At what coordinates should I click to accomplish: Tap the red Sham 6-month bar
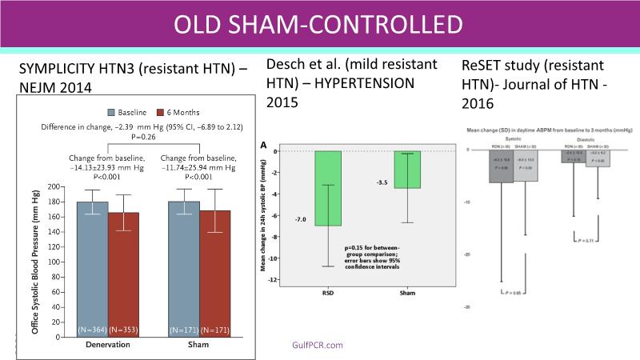[214, 272]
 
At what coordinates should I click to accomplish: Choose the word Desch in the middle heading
[284, 66]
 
